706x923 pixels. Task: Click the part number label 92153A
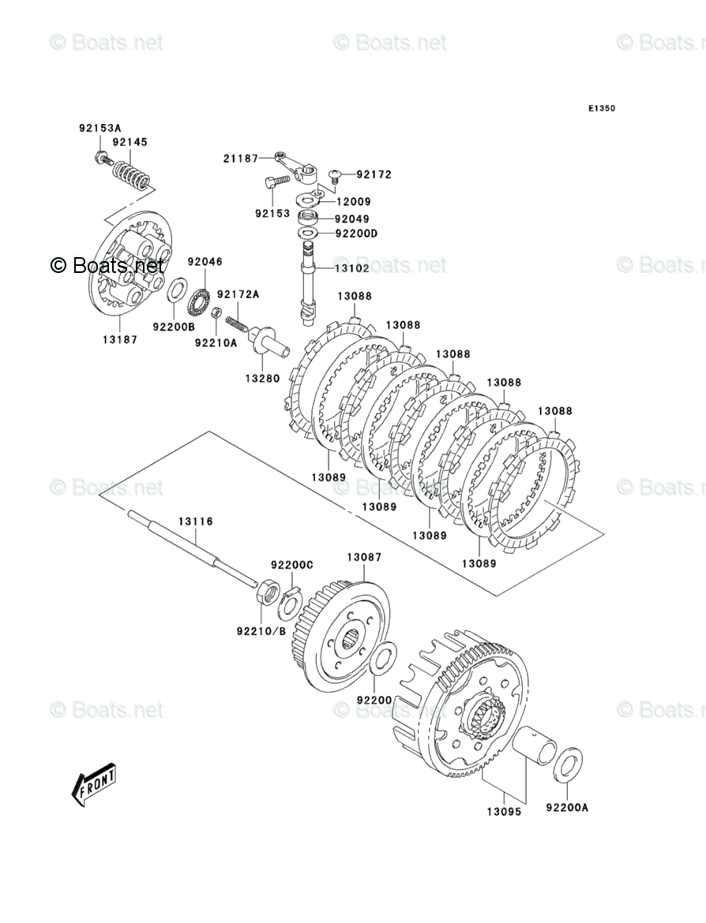(100, 128)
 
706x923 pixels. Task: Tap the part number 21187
(240, 159)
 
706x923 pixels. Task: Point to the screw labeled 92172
(334, 174)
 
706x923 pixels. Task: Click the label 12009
(352, 202)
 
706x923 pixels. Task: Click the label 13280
(261, 378)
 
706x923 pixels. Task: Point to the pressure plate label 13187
(120, 340)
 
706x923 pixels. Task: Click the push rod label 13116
(195, 521)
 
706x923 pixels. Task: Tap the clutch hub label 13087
(364, 557)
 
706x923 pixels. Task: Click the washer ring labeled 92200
(382, 657)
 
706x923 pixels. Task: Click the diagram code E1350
(600, 109)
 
